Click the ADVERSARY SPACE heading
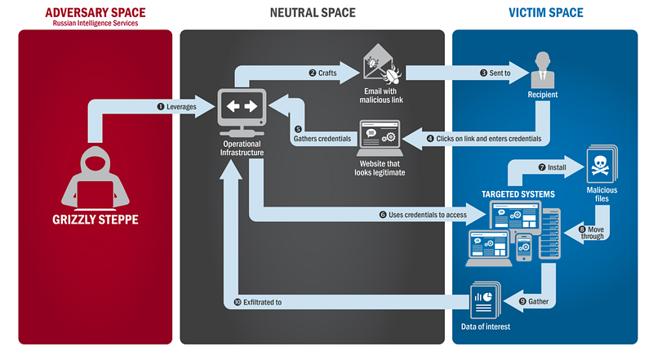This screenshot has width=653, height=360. [95, 12]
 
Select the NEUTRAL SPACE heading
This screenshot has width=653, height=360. [312, 13]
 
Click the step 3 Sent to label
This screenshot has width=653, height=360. [495, 73]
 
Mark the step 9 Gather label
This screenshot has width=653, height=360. [534, 301]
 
